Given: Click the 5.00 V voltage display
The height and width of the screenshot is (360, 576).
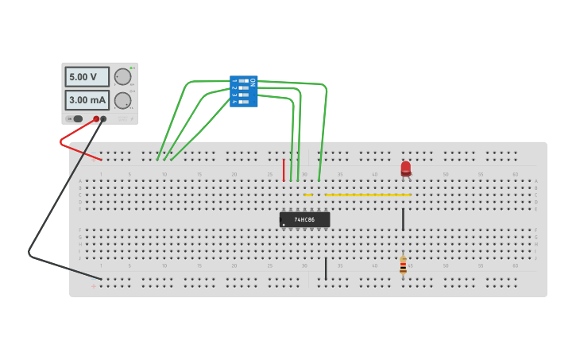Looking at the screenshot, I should click(87, 76).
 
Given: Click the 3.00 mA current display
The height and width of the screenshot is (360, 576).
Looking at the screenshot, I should click(87, 101).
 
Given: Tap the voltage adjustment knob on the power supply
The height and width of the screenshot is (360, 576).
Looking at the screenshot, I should click(122, 76).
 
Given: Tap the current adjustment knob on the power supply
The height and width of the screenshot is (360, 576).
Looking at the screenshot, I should click(122, 100).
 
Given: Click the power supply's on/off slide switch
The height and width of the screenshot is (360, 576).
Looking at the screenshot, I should click(76, 119).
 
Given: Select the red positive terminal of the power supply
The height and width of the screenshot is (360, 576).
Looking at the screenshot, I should click(96, 119).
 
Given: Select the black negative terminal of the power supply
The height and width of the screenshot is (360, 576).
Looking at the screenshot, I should click(103, 119).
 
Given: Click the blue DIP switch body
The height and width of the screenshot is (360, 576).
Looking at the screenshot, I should click(243, 91).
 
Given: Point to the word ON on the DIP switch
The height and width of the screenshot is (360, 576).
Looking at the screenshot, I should click(253, 82).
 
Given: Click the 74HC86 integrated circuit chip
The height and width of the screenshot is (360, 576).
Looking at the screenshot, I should click(304, 219).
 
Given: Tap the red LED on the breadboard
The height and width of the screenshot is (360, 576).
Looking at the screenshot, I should click(405, 168).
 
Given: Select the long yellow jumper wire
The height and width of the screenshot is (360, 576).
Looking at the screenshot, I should click(368, 195).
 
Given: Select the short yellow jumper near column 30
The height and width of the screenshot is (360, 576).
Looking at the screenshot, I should click(308, 195).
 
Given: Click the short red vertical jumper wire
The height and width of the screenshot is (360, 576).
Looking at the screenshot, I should click(284, 169).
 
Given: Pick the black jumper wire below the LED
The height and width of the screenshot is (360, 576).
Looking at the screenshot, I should click(403, 220).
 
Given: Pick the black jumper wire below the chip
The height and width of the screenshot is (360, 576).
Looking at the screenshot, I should click(326, 268).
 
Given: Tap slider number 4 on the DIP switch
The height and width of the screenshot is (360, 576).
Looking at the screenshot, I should click(244, 102).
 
